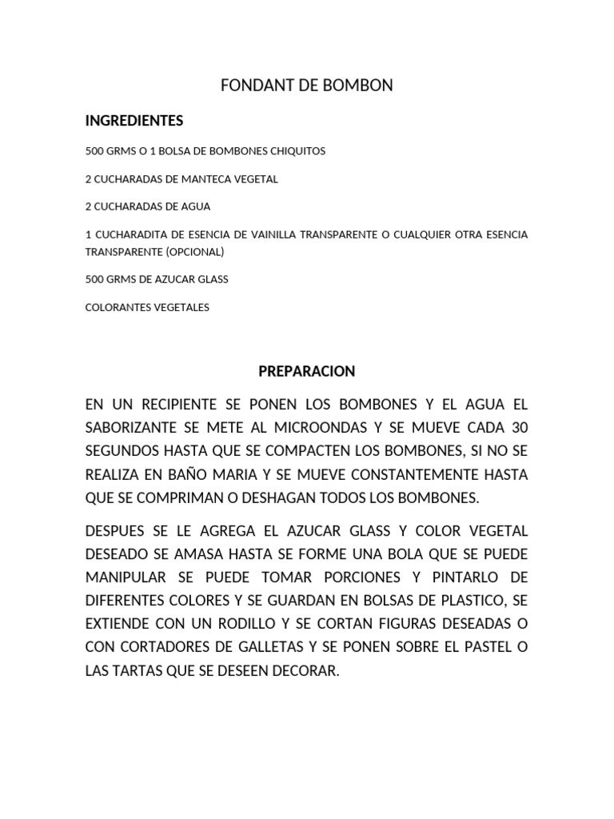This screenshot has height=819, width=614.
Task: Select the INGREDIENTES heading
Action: [134, 121]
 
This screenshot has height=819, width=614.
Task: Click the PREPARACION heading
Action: [307, 371]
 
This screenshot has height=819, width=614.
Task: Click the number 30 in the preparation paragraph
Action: [519, 428]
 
